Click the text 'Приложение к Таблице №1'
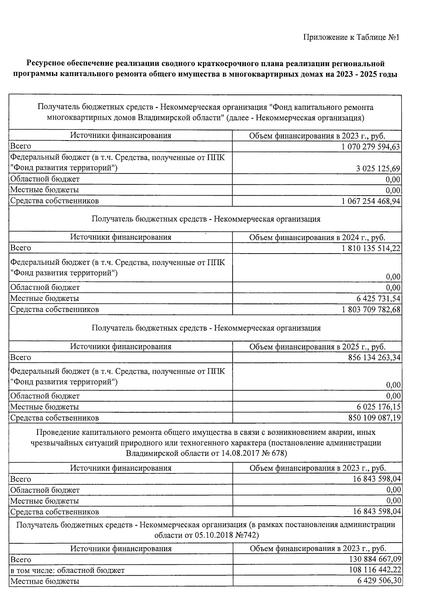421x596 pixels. [x=351, y=37]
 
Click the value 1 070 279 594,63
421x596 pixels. [x=370, y=146]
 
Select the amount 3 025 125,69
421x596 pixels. [x=378, y=169]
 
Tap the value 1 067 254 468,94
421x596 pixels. [x=370, y=201]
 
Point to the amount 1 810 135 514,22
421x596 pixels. [x=371, y=248]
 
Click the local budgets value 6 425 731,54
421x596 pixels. [x=378, y=299]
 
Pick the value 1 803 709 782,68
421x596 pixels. [x=371, y=310]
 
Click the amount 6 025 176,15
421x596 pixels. [x=378, y=407]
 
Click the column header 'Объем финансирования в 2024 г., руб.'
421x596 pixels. [x=317, y=237]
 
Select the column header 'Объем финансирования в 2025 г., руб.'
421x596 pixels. [x=317, y=347]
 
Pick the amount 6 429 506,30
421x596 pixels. [x=378, y=581]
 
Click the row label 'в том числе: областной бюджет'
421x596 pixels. [x=67, y=570]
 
